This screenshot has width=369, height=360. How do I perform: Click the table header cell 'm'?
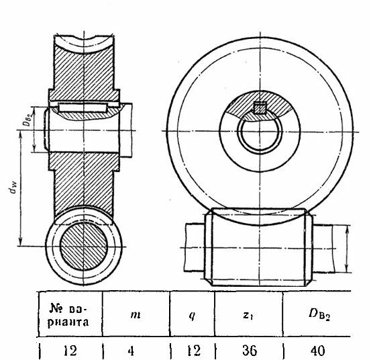(136, 315)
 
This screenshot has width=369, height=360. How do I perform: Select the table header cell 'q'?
(192, 316)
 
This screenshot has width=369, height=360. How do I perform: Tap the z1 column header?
(248, 316)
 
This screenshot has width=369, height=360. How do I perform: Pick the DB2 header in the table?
(319, 315)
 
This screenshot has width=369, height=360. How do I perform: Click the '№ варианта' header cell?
(68, 315)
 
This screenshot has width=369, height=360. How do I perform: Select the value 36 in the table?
(250, 351)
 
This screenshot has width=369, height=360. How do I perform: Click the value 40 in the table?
(318, 351)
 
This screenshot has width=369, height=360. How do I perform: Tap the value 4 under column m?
(131, 351)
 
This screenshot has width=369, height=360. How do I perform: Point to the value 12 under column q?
(194, 351)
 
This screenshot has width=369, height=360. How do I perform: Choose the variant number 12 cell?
(70, 351)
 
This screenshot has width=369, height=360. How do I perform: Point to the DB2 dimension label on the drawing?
(28, 119)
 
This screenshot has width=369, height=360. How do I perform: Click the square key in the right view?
(260, 108)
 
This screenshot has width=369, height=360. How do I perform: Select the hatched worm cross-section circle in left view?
(84, 246)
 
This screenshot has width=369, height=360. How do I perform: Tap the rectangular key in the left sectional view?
(83, 108)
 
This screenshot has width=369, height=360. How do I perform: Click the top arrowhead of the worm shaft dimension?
(346, 230)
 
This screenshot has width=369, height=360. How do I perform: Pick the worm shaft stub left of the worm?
(195, 247)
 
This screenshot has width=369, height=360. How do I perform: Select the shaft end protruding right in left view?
(125, 130)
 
